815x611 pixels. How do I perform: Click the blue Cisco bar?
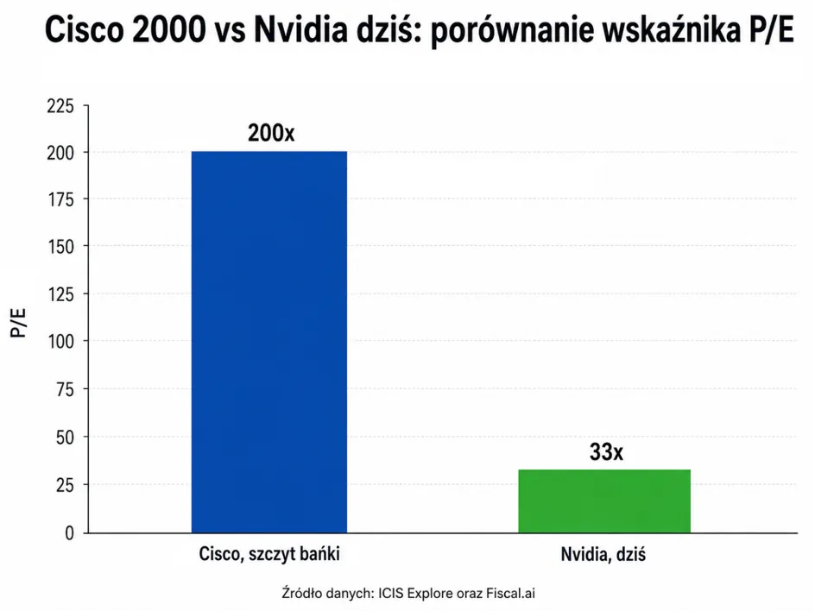(x=269, y=342)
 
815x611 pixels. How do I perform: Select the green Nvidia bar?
(x=604, y=501)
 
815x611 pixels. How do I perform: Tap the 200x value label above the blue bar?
(x=271, y=133)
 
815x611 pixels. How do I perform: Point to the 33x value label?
(x=606, y=452)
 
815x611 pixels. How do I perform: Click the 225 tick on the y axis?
(x=60, y=106)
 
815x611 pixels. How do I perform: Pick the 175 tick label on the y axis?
(x=60, y=199)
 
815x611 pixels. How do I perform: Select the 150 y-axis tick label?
(x=60, y=247)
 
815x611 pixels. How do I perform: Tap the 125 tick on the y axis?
(x=60, y=294)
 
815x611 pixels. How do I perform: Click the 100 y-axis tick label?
(x=60, y=342)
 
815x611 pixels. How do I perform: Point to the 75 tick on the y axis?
(x=65, y=389)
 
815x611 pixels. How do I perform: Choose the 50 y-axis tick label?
(x=65, y=438)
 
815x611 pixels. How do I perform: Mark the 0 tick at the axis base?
(x=69, y=533)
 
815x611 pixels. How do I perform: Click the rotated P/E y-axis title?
(x=18, y=323)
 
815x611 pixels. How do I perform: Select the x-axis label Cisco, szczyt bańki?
(x=269, y=554)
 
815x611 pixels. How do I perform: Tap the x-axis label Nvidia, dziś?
(x=603, y=554)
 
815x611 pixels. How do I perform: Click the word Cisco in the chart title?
(x=85, y=29)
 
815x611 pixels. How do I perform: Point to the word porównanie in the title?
(x=512, y=31)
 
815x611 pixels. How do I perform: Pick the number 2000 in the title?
(x=169, y=29)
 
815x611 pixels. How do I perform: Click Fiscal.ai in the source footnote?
(x=510, y=594)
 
